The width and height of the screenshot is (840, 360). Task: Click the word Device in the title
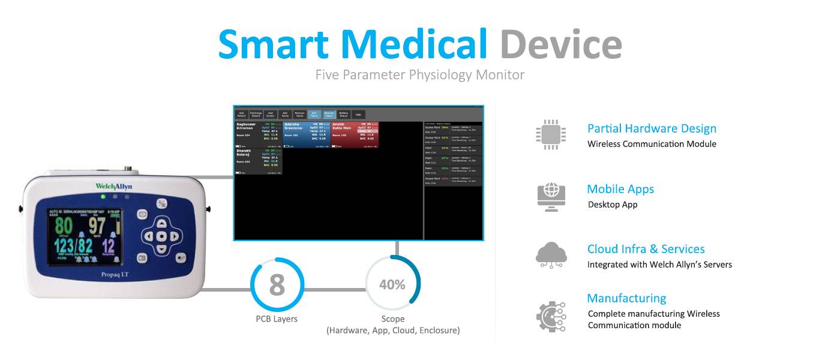[560, 44]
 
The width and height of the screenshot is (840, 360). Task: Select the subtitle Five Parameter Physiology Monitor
[420, 75]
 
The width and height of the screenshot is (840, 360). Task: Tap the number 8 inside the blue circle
[277, 285]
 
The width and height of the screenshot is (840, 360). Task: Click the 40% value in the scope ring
[392, 284]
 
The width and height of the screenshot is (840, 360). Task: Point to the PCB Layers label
[277, 319]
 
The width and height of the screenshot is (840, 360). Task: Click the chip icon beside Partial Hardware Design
[550, 134]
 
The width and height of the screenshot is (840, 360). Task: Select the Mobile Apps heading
[620, 189]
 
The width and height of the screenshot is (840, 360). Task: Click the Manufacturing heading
[626, 298]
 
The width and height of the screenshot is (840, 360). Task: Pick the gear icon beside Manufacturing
[550, 316]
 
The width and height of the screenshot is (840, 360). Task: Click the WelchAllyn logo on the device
[114, 187]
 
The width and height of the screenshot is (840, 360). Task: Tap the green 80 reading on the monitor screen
[64, 226]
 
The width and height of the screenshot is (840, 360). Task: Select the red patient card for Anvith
[355, 134]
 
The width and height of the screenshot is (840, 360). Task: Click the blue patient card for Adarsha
[306, 134]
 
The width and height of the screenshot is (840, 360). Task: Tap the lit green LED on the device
[103, 196]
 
